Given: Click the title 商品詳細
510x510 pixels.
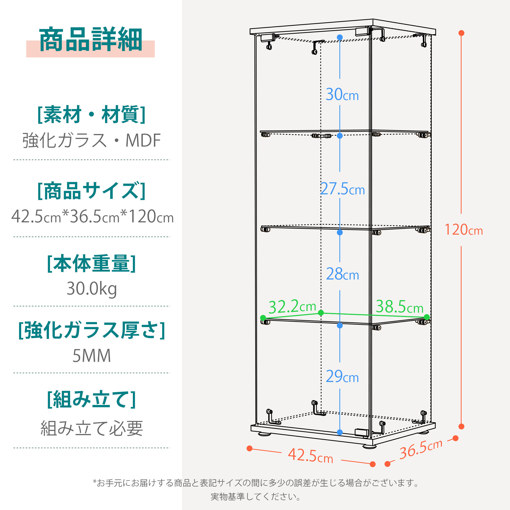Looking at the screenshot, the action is [x=91, y=39].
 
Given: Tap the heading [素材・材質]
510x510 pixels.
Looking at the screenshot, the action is [x=92, y=114].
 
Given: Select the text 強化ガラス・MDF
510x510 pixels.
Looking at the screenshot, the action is [x=92, y=140].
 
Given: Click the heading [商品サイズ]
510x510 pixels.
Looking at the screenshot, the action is [x=92, y=190].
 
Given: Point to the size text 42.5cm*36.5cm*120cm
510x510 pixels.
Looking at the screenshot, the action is [x=92, y=216].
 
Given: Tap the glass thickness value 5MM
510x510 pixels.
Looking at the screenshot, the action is [x=92, y=356].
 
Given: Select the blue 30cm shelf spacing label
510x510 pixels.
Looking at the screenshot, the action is [x=342, y=94].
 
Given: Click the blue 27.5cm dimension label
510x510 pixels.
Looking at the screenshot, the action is [x=343, y=189].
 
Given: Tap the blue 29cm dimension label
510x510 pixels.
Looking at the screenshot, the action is [x=342, y=376].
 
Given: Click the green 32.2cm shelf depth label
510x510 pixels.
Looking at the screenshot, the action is [x=292, y=307].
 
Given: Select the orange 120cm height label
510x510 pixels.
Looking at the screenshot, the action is [x=464, y=229].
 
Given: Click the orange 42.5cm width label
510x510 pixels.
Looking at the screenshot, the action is [x=310, y=455].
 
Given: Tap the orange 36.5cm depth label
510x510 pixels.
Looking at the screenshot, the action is [x=421, y=449].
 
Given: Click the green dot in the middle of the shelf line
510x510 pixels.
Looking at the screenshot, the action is [x=321, y=313].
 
